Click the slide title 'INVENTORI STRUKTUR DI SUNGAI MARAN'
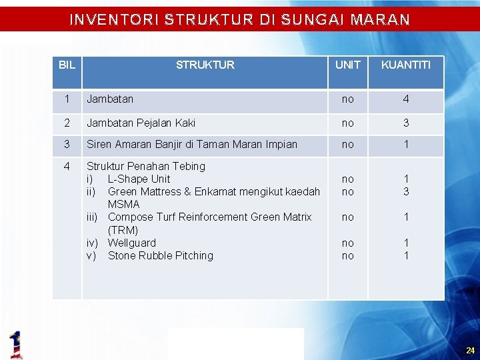[x=239, y=19]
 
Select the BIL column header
[x=67, y=65]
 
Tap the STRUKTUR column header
[x=205, y=65]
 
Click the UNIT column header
[x=347, y=65]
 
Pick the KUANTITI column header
[x=405, y=65]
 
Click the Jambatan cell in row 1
[x=110, y=99]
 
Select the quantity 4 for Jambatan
[x=405, y=100]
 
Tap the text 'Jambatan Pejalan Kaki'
[x=141, y=123]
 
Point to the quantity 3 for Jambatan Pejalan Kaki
[x=405, y=123]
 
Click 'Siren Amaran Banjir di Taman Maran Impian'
[x=192, y=144]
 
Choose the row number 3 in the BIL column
[x=67, y=144]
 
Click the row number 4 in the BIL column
[x=67, y=166]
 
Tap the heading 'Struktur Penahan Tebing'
[x=146, y=166]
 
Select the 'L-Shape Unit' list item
[x=139, y=179]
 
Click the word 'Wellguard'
[x=131, y=243]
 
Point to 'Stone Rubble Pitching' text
[x=160, y=255]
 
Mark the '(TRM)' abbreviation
[x=123, y=230]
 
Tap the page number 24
[x=470, y=350]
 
